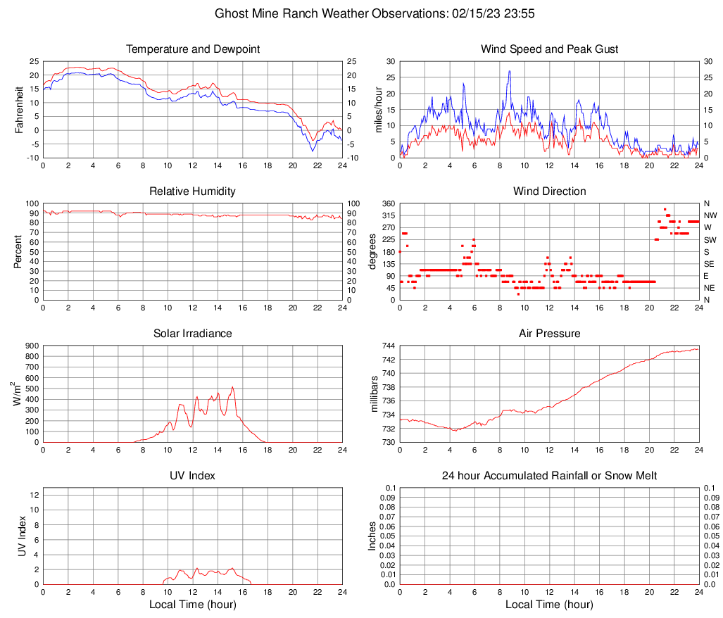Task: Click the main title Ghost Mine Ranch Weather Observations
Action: [361, 13]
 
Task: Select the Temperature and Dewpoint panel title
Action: [192, 49]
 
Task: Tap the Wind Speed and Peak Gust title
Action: [549, 49]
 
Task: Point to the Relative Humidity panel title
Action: [192, 191]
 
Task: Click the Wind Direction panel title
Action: [549, 191]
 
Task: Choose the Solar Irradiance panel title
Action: [192, 334]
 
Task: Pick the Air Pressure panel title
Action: [549, 334]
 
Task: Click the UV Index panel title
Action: [192, 476]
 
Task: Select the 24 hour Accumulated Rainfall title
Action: [549, 476]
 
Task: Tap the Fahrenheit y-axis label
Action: [19, 110]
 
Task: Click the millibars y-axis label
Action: [375, 394]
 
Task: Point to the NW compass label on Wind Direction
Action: [711, 215]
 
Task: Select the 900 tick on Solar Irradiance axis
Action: [30, 346]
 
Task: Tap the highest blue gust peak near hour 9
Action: [509, 71]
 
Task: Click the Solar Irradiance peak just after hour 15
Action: [232, 387]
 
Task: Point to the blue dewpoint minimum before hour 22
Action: [313, 151]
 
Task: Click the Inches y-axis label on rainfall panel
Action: [373, 536]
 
